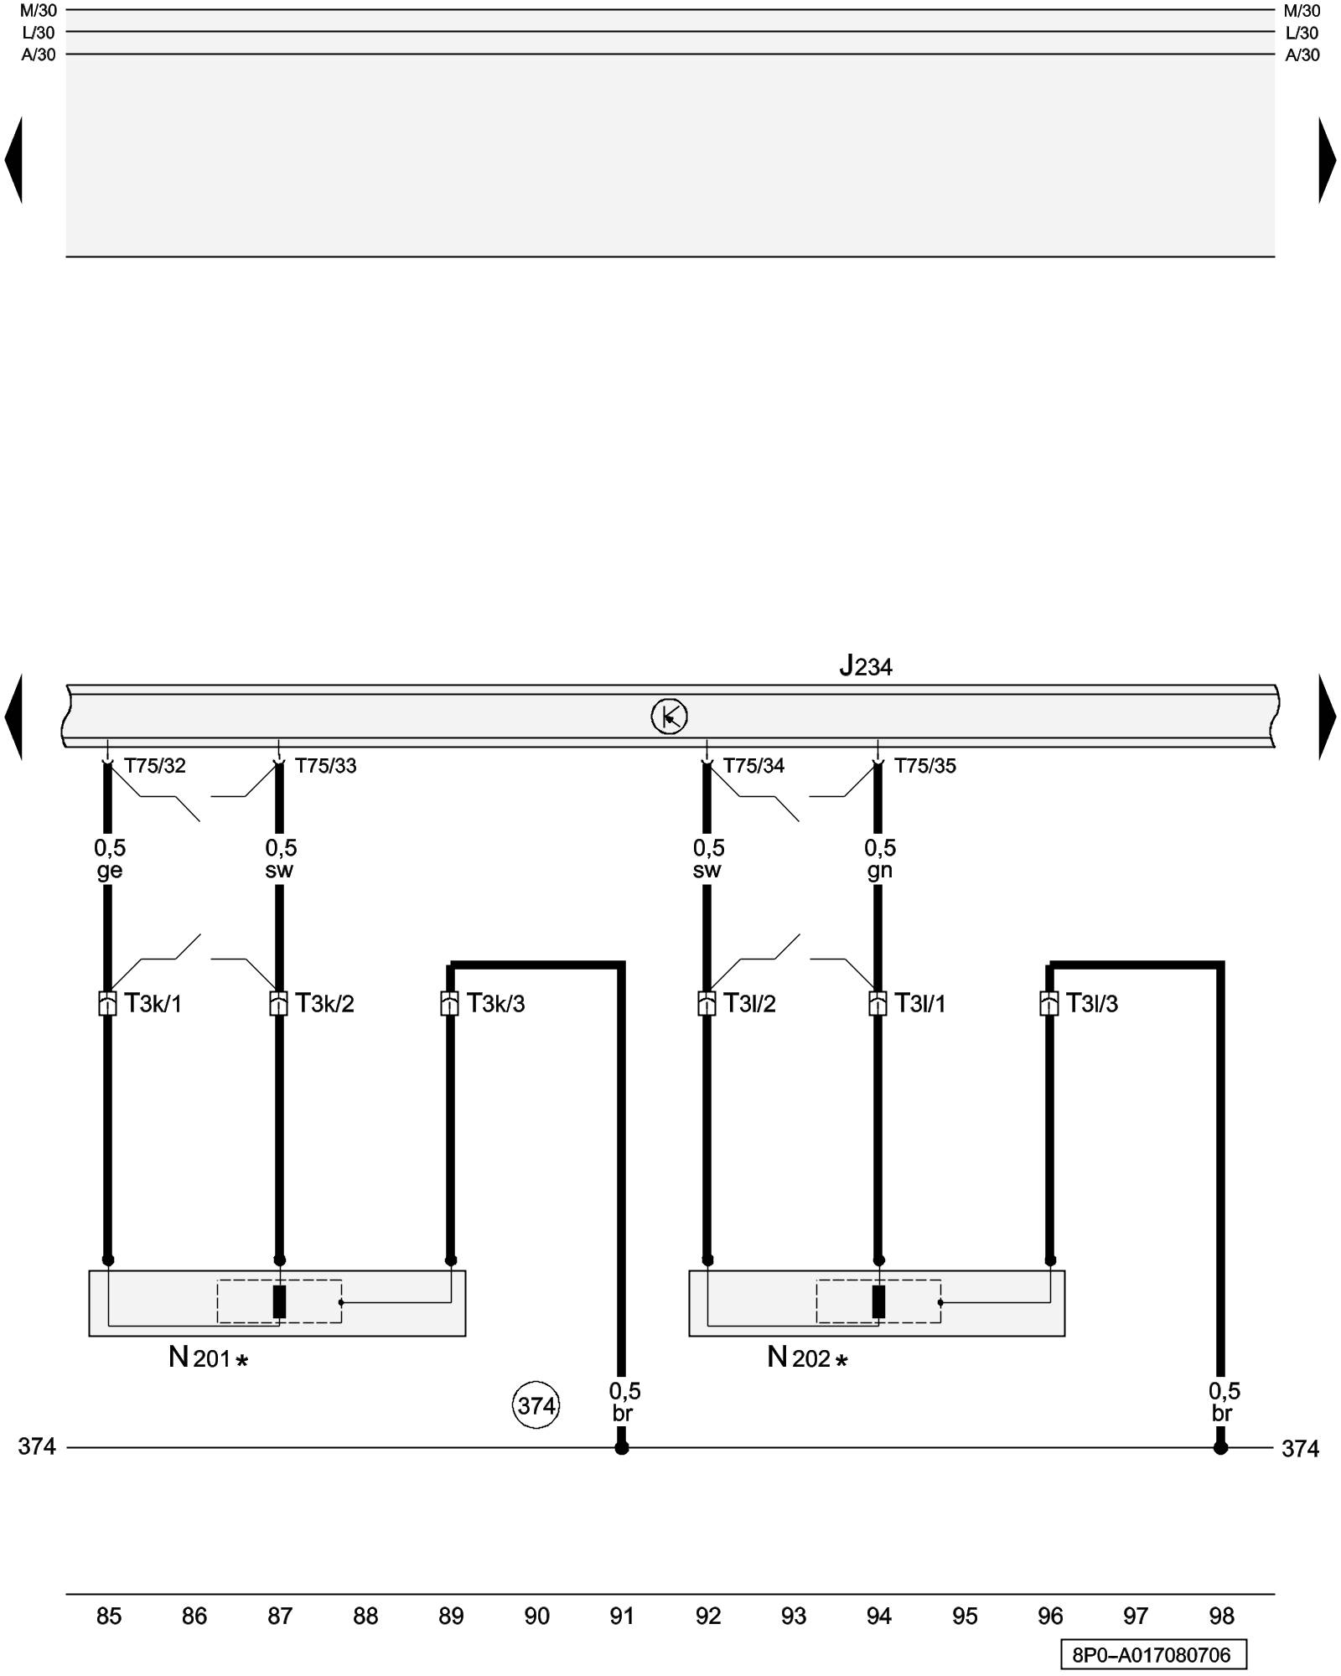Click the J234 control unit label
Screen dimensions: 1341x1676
point(866,666)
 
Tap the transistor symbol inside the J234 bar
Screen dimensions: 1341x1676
point(669,716)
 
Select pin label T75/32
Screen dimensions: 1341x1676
point(155,766)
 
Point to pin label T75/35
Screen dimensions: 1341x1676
point(924,766)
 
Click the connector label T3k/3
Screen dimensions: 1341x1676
point(495,1003)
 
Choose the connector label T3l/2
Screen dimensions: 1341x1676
point(749,1003)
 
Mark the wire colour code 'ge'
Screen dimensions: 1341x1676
point(109,871)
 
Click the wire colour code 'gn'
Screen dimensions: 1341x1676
point(879,871)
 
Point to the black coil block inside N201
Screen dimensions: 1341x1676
point(279,1301)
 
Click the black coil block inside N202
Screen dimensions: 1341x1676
point(878,1301)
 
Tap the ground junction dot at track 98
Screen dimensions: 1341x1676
point(1220,1448)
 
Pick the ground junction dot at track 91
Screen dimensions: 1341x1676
point(621,1448)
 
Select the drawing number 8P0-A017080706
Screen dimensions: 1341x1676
point(1152,1655)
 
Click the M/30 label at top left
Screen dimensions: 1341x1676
point(39,11)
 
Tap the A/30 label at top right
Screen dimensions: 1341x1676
point(1302,55)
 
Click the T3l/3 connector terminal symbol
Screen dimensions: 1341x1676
point(1048,1003)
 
